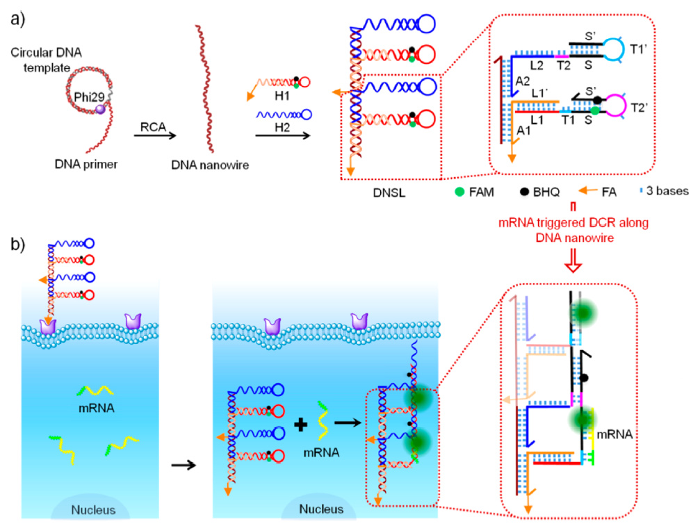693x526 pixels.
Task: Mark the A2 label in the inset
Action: tap(523, 81)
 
